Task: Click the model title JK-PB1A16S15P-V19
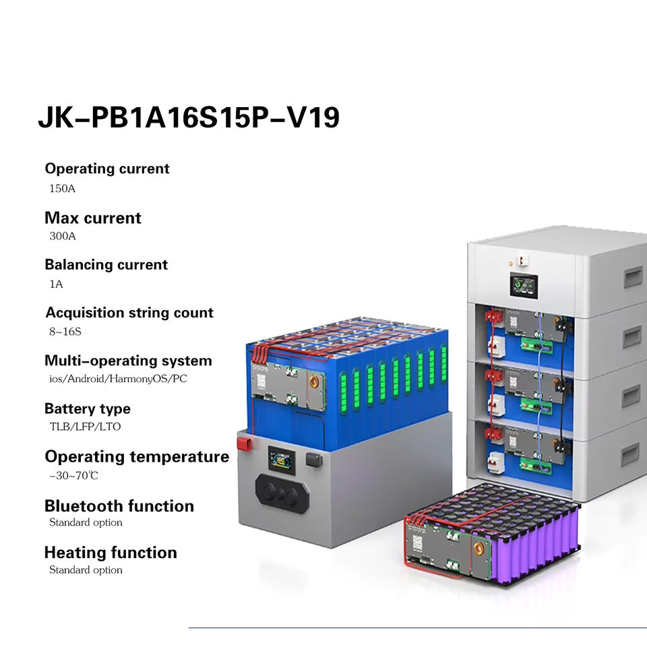[x=189, y=117]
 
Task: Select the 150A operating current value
[x=62, y=189]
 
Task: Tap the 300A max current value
[x=63, y=237]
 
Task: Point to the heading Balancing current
[x=106, y=265]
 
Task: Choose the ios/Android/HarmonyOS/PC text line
[x=118, y=379]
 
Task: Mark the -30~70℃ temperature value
[x=73, y=476]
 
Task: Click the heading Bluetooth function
[x=119, y=506]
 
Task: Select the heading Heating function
[x=111, y=553]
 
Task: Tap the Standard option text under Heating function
[x=86, y=570]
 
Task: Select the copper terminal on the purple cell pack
[x=479, y=543]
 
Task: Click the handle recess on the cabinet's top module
[x=632, y=276]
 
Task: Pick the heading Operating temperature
[x=137, y=457]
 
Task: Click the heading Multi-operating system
[x=128, y=361]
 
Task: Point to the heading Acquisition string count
[x=129, y=313]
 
